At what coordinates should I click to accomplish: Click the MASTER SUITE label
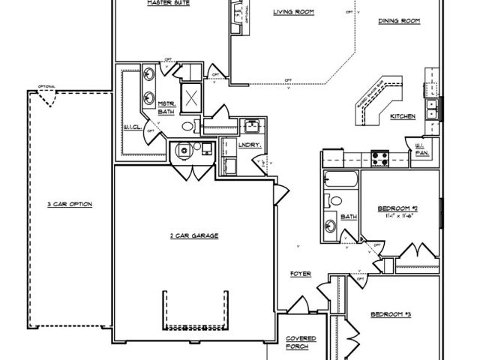[166, 3]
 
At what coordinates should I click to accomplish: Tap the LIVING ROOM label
[292, 12]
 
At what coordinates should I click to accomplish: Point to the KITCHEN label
[403, 116]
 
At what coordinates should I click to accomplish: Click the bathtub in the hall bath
[341, 180]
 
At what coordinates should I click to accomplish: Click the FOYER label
[301, 274]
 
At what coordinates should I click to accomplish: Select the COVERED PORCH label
[301, 343]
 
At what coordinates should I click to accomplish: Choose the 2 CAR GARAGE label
[193, 235]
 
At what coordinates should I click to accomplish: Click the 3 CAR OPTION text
[70, 203]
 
